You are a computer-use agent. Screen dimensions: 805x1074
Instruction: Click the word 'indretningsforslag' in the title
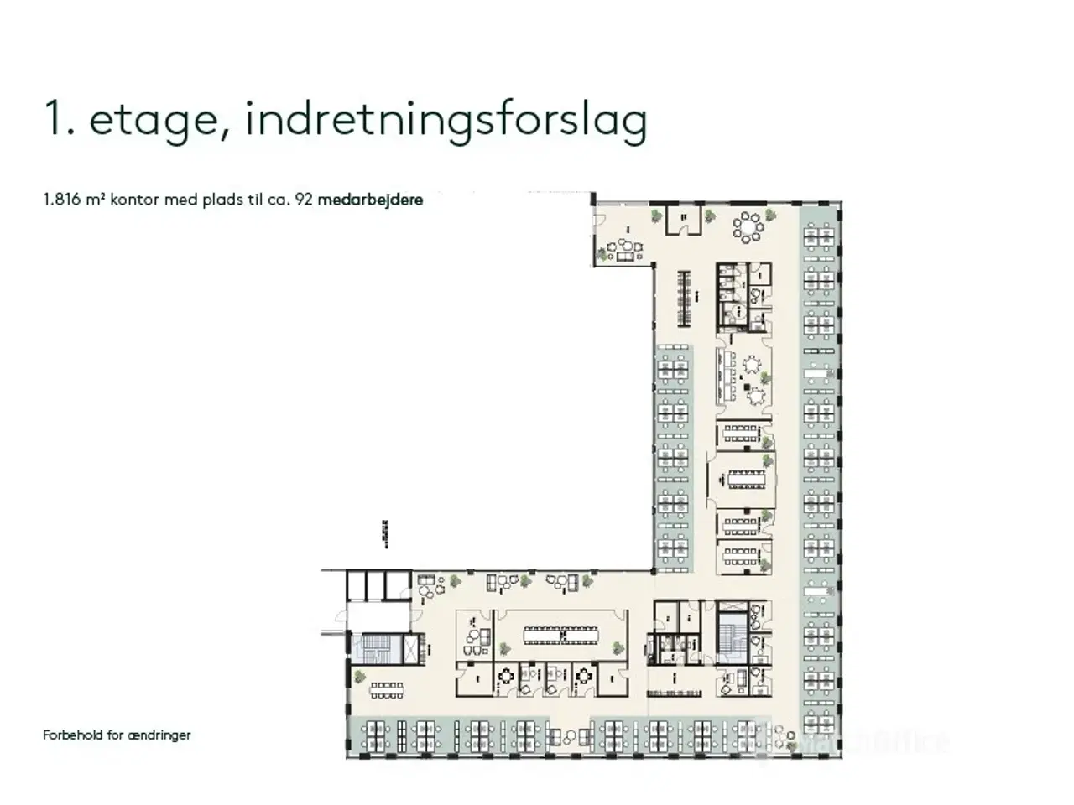(446, 120)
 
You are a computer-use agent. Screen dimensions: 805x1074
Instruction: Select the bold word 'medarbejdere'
(370, 200)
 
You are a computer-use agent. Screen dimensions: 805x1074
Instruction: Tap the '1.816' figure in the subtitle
(63, 200)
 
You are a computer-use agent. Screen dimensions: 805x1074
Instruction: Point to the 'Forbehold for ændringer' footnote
(117, 735)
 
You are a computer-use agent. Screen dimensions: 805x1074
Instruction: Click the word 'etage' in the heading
(152, 120)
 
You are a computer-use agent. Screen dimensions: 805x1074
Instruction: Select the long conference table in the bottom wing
(562, 634)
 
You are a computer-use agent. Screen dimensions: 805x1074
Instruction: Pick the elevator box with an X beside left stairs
(411, 649)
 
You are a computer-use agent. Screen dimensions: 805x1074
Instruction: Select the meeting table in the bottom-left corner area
(387, 690)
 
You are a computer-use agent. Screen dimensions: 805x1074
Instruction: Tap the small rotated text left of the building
(385, 532)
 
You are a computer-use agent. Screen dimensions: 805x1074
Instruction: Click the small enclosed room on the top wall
(683, 220)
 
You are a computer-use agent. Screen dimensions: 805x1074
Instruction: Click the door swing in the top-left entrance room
(599, 221)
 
